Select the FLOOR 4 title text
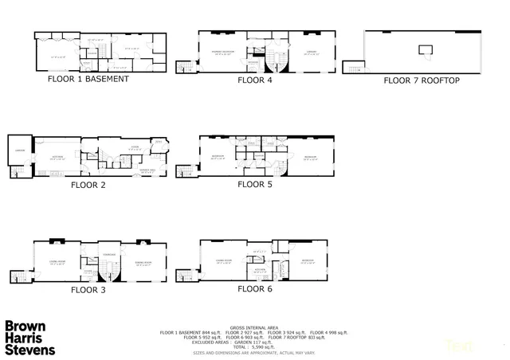254,80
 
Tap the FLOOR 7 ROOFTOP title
421,80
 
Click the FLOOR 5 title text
254,184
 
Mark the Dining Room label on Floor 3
143,263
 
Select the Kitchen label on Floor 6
260,269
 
